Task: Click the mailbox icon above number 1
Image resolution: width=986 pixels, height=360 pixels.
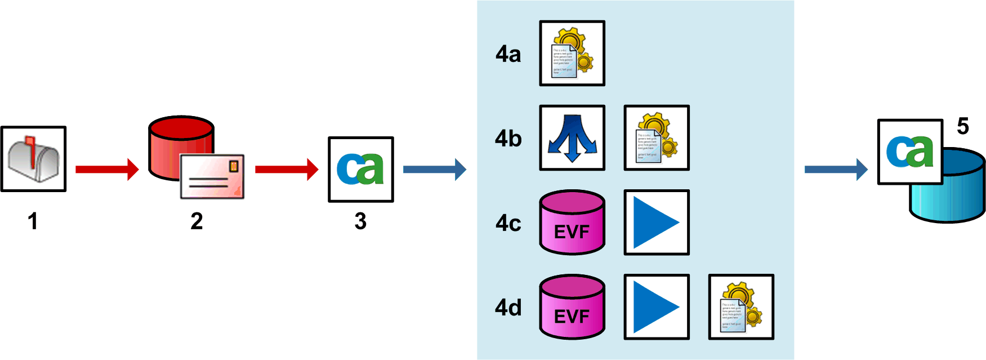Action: (x=34, y=159)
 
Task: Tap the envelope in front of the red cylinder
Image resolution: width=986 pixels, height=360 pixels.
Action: (x=212, y=176)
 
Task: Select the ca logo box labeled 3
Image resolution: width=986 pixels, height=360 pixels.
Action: (x=361, y=169)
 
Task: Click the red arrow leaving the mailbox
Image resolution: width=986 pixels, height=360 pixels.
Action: (x=107, y=169)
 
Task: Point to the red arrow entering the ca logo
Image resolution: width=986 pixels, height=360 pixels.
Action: (x=287, y=169)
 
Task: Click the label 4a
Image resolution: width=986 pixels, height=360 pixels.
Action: (x=508, y=54)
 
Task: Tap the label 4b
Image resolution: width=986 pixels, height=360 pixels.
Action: (x=508, y=139)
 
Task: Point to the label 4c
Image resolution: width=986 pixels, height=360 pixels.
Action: (x=508, y=223)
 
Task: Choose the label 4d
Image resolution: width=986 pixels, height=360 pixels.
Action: (x=508, y=308)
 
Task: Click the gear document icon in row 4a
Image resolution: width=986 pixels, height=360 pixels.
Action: (x=572, y=54)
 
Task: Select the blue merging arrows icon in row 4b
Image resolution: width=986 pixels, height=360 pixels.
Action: (x=572, y=138)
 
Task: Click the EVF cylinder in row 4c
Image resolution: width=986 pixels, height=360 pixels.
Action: (x=572, y=223)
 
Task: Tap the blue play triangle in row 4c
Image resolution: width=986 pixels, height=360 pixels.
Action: (x=657, y=223)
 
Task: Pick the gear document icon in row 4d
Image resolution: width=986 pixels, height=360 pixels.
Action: (x=741, y=307)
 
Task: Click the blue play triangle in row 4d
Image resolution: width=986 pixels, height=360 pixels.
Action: (x=657, y=307)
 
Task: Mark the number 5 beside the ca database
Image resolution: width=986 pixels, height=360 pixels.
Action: (x=963, y=126)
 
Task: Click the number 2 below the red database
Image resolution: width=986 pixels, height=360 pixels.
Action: (x=197, y=221)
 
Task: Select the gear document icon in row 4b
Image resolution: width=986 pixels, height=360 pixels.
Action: (x=657, y=138)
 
